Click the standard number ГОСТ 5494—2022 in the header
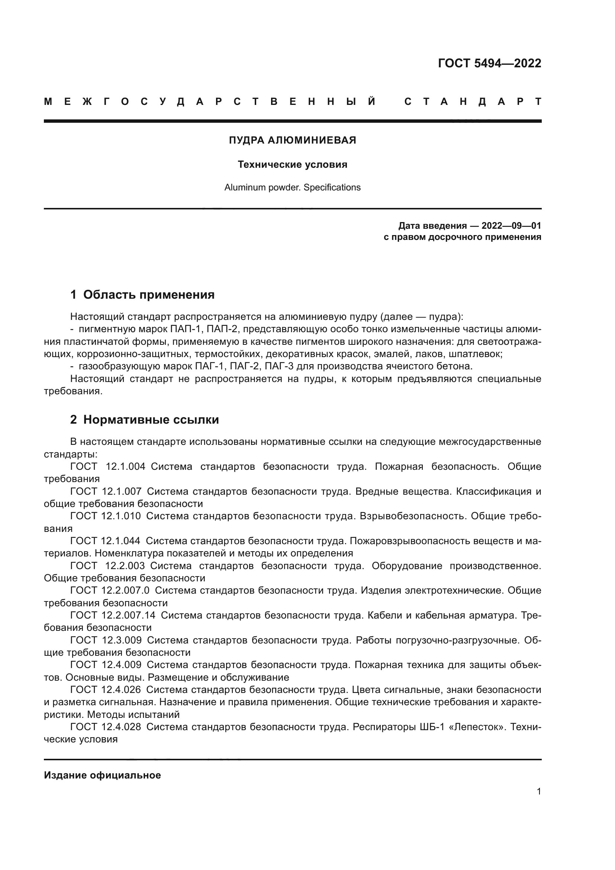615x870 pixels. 489,63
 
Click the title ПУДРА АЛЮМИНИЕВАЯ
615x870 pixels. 292,140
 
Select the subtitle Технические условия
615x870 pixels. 292,164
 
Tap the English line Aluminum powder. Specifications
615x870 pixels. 292,187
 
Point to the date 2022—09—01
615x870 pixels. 511,226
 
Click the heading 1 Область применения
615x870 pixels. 142,295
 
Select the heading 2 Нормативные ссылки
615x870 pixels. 145,420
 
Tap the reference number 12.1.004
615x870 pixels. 125,467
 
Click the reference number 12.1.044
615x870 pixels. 121,541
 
